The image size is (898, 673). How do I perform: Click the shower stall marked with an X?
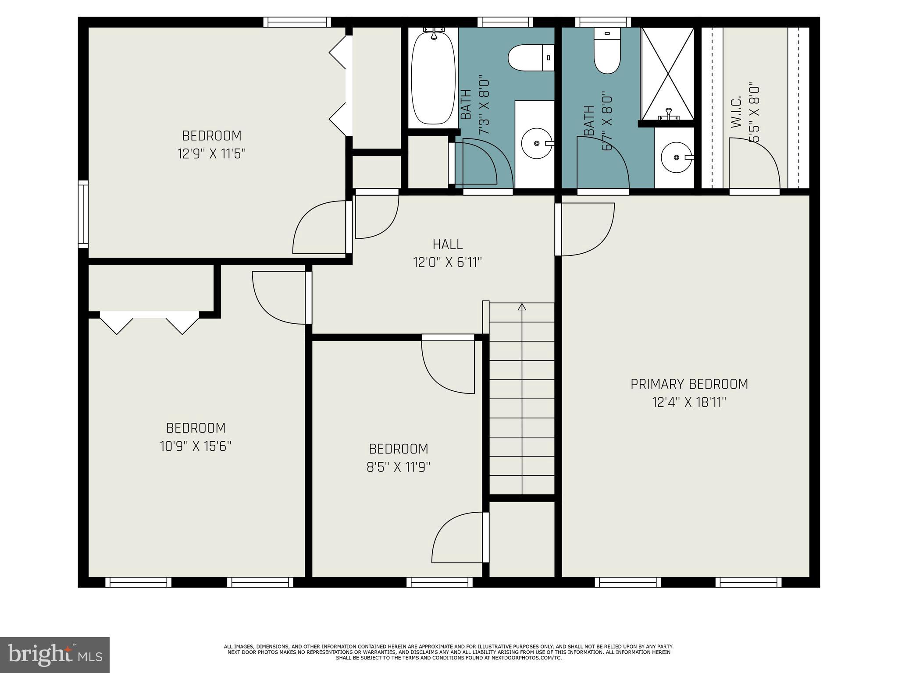coord(667,73)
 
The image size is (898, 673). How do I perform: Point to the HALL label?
coord(447,244)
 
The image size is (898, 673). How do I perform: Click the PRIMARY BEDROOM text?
coord(689,384)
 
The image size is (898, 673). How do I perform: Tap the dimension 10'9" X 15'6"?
coord(196,446)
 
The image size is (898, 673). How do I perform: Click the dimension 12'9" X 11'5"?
coord(211,154)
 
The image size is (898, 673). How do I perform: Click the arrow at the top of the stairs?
coord(522,307)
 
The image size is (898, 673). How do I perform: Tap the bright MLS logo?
coord(54,655)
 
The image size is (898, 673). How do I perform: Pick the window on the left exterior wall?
coord(83,214)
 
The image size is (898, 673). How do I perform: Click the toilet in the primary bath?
coord(607,51)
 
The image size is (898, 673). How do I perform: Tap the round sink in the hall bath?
coord(537,143)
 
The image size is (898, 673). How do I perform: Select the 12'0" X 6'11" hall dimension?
coord(447,262)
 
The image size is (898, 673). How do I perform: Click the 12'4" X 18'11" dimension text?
coord(689,402)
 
